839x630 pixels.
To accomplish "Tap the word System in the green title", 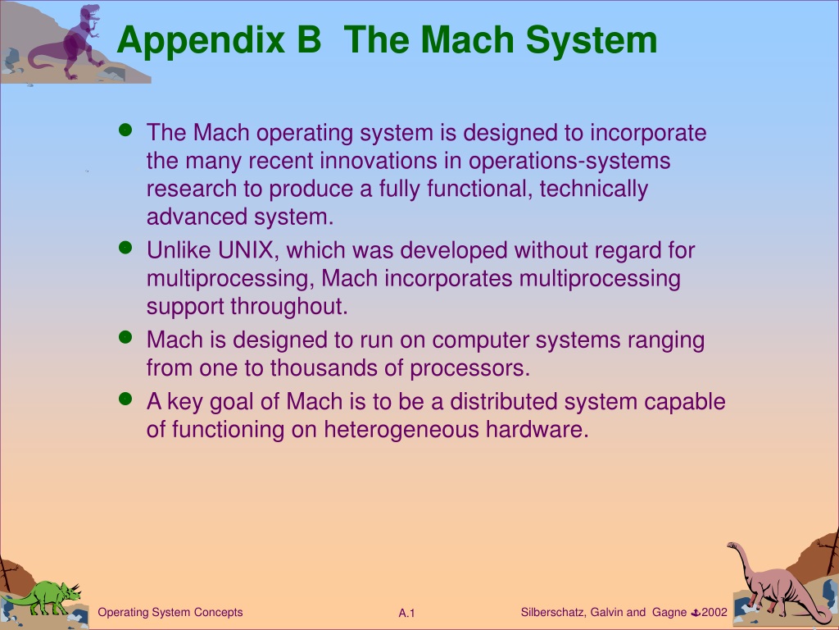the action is pos(592,41).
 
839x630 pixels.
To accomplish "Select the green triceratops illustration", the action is pos(46,598).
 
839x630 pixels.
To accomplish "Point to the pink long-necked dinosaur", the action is pos(776,583).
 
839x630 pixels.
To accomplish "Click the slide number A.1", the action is pos(406,614).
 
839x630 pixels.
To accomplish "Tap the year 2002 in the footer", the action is pos(714,612).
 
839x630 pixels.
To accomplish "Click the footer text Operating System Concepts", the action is pos(170,612).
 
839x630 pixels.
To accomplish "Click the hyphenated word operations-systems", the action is pos(569,162).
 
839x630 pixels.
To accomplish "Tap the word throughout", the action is pos(289,307).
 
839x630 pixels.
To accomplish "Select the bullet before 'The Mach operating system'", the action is pos(125,130).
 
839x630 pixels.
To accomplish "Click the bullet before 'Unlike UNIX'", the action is pos(125,248).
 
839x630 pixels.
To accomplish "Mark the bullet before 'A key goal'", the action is pos(125,399).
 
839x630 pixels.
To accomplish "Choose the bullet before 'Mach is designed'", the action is pos(125,337).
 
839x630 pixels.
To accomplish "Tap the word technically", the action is pos(594,189).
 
